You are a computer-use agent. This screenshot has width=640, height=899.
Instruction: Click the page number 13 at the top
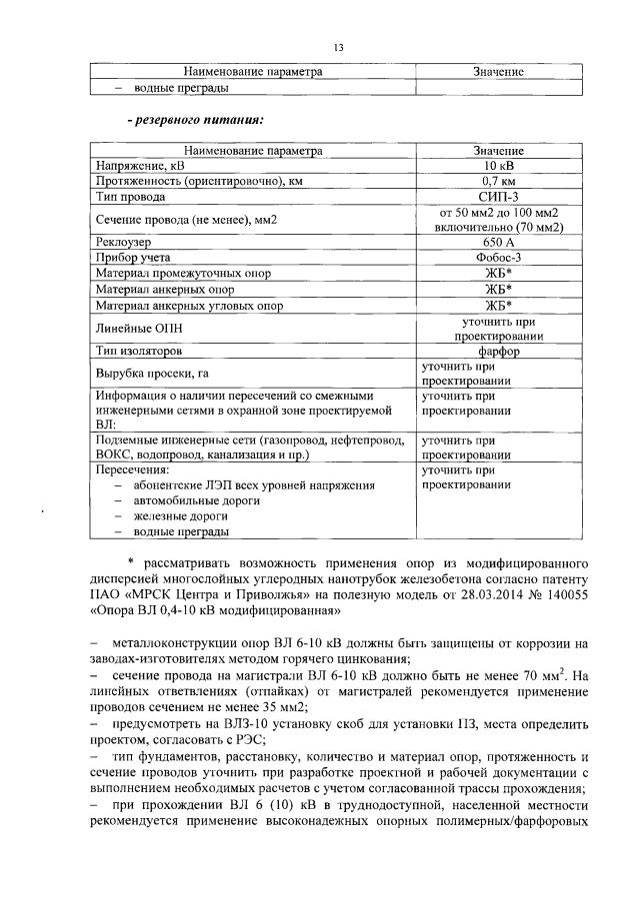338,46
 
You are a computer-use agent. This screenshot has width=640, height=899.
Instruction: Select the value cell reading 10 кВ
498,166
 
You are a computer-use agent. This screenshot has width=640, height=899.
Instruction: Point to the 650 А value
498,243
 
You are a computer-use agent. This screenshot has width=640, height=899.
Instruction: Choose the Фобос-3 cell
498,258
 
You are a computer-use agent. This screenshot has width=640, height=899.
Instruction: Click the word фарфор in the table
498,351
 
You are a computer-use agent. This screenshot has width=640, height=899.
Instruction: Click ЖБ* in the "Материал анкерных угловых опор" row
498,305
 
